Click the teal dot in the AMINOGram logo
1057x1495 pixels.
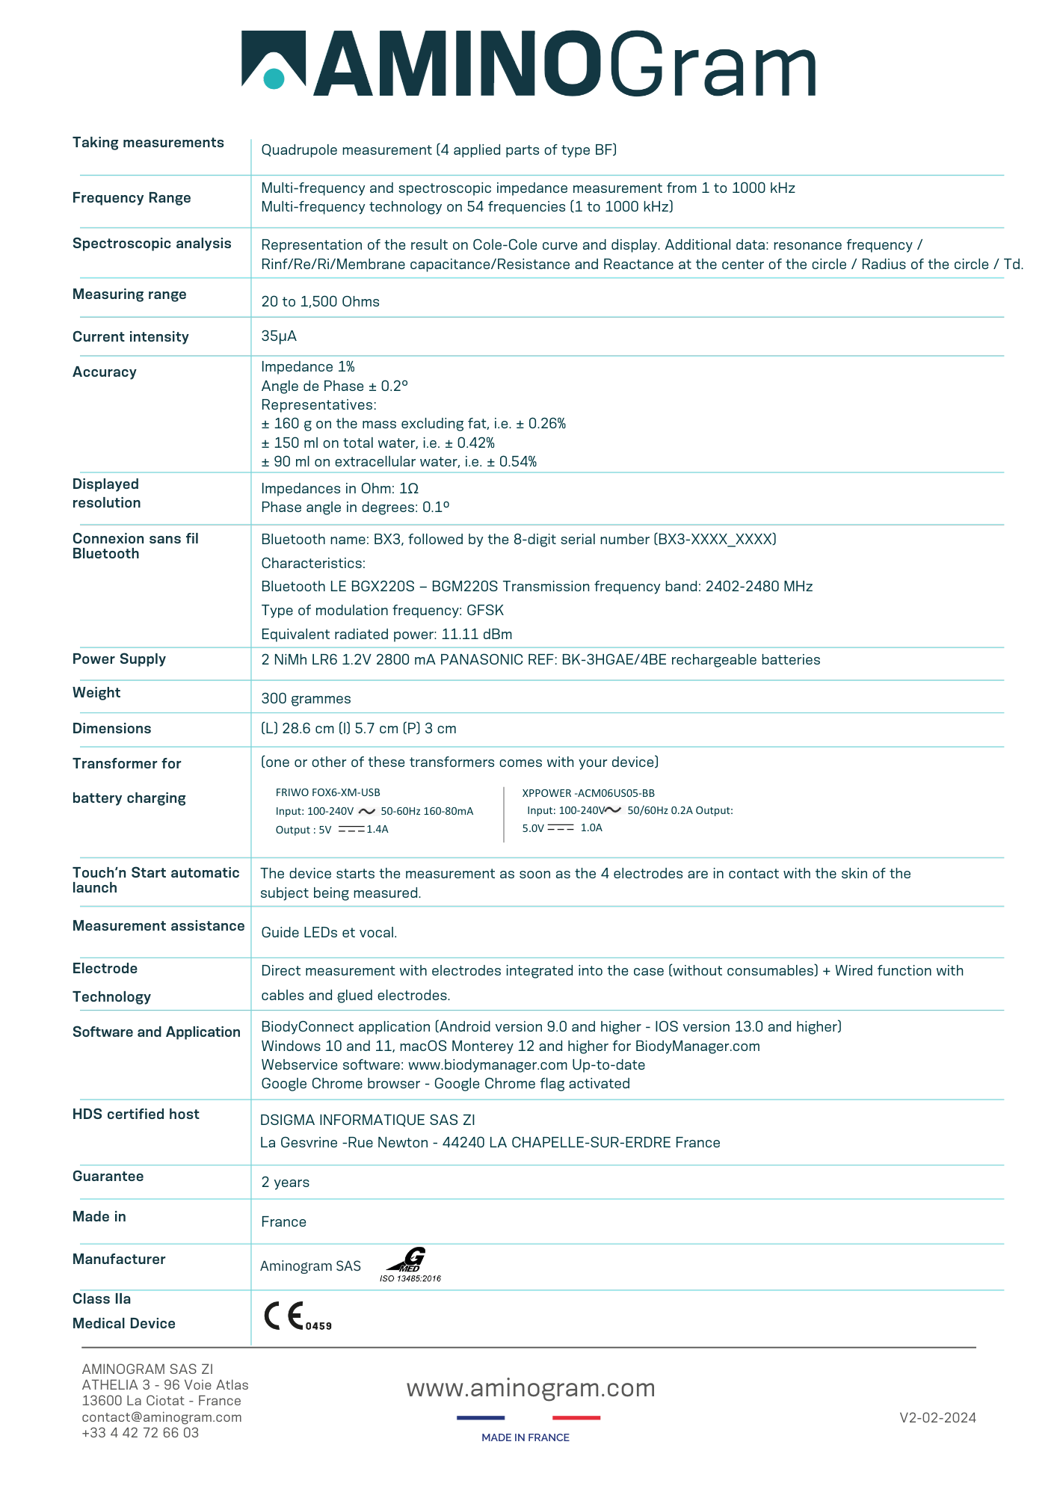274,78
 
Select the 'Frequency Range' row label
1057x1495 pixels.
132,198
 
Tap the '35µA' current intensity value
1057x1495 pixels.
279,336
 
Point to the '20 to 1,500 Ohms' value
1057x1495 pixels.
320,302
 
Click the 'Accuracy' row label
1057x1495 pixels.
105,372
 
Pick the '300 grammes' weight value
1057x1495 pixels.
306,699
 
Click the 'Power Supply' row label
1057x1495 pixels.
119,659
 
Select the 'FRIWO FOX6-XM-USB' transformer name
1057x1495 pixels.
327,792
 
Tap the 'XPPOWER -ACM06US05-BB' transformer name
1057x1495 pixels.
588,793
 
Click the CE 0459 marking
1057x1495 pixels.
297,1316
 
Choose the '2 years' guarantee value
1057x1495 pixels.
285,1183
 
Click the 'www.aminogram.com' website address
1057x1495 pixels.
531,1388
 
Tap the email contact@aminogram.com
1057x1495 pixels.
161,1417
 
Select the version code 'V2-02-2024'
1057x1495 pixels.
937,1418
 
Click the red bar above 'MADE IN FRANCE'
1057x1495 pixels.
576,1417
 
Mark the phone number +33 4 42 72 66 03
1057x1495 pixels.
141,1433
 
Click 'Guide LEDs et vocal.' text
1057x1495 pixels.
329,933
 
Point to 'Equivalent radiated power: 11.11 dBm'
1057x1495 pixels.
386,635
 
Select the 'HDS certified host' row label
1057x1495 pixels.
136,1115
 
